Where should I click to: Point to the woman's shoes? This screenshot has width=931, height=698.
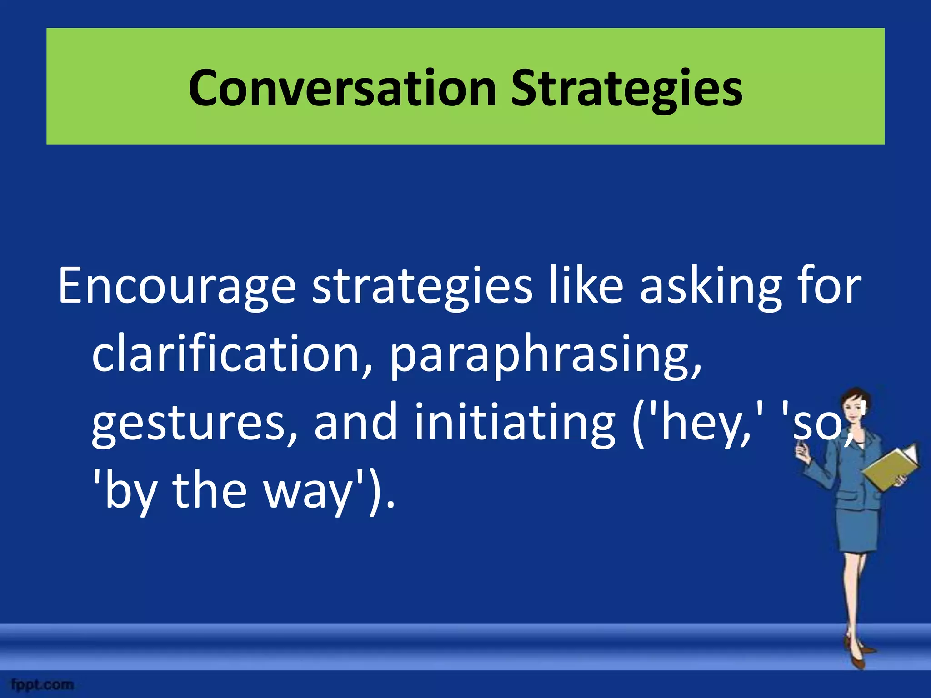point(857,654)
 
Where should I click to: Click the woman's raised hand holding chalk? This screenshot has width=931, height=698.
point(801,452)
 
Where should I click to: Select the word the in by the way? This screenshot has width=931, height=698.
point(209,491)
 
